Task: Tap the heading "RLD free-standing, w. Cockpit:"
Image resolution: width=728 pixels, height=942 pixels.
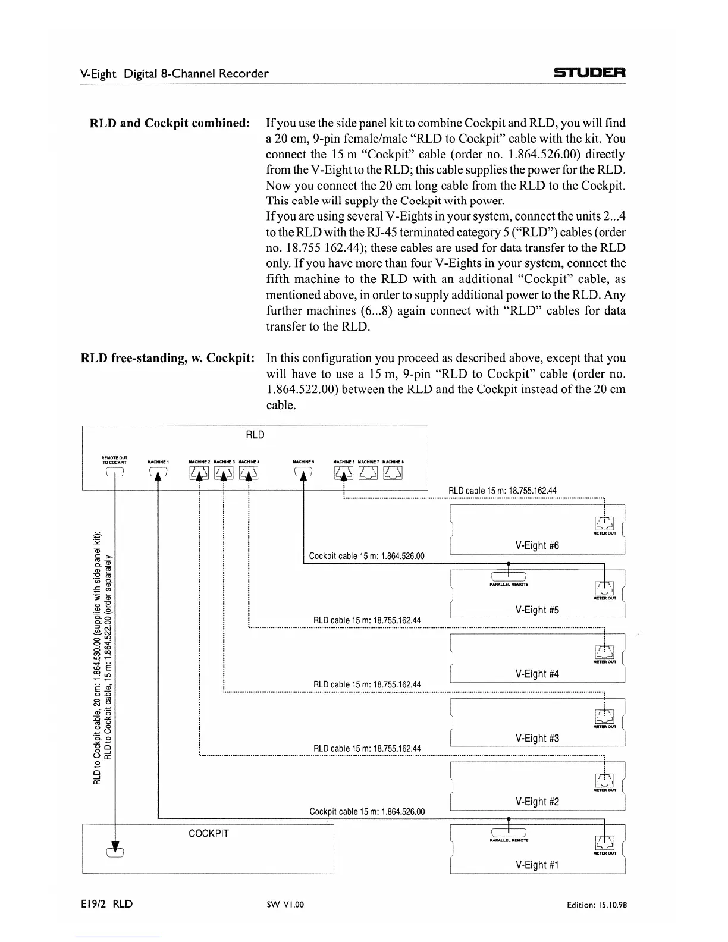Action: (x=168, y=358)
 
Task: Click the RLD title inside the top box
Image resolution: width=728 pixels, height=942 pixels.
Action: (x=255, y=435)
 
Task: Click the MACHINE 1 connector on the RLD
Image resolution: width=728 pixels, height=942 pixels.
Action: (x=158, y=473)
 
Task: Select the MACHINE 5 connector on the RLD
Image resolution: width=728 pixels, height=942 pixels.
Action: (x=303, y=473)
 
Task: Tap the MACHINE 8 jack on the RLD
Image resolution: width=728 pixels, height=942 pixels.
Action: (x=393, y=473)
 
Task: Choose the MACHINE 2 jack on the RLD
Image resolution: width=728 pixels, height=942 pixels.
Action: (x=199, y=473)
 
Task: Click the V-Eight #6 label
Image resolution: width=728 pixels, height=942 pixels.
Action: (x=537, y=545)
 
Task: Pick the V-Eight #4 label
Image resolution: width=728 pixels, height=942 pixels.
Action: (x=537, y=674)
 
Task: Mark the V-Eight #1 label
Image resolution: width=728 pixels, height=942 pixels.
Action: (x=537, y=865)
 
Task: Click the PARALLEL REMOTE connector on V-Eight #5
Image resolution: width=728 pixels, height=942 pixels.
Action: (x=509, y=574)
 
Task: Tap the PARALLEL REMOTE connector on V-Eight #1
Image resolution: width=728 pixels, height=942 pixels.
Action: (x=509, y=831)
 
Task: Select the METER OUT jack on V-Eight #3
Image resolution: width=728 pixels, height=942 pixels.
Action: (x=604, y=717)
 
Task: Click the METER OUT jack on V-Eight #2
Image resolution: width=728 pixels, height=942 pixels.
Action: (x=604, y=781)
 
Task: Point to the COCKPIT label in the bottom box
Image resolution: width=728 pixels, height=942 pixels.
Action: (x=209, y=833)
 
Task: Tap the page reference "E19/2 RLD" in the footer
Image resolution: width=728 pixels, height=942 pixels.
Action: (x=107, y=904)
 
